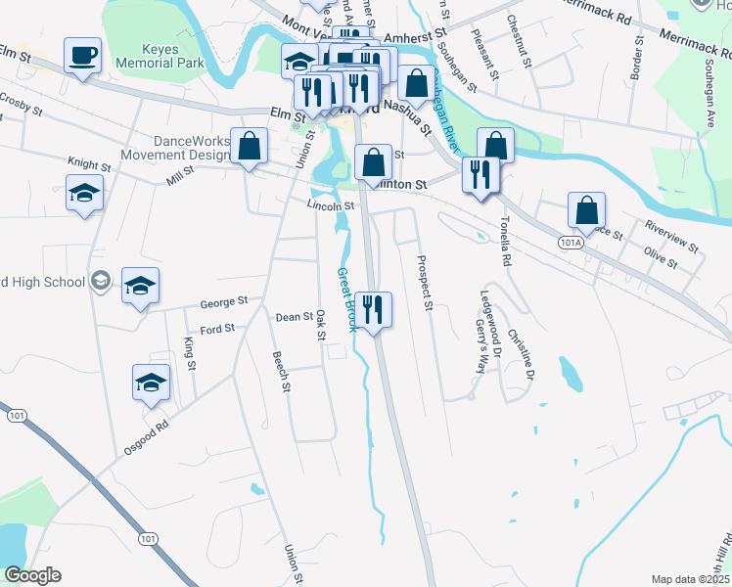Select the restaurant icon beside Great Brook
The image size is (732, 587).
(x=374, y=310)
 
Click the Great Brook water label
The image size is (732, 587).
(x=346, y=299)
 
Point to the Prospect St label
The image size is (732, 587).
(x=424, y=283)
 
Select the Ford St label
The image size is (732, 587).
(x=217, y=330)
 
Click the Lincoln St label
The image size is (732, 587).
(x=330, y=205)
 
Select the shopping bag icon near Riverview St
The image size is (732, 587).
(x=585, y=209)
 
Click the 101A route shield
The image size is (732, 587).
(x=572, y=241)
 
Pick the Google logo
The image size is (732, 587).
(x=33, y=575)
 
